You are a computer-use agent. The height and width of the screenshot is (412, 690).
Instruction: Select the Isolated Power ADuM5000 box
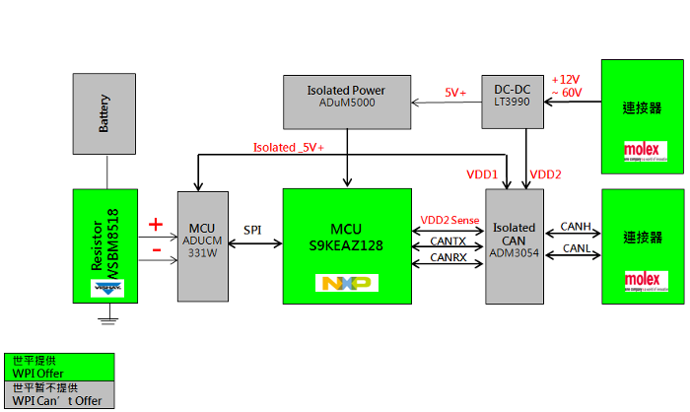(x=346, y=102)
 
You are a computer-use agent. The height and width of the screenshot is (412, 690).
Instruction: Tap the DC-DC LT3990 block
(x=512, y=102)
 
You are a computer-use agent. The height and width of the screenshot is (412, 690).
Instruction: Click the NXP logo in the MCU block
(x=345, y=283)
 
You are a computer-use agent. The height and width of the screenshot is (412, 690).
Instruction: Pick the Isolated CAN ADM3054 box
(x=514, y=245)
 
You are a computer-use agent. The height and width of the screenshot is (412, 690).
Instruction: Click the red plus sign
(x=155, y=225)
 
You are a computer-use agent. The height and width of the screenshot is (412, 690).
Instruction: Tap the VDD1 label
(x=482, y=174)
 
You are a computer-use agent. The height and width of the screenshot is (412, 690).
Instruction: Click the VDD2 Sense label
(x=449, y=221)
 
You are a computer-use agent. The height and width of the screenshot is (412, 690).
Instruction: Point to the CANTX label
(x=448, y=240)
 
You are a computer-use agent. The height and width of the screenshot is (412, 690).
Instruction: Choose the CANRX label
(x=448, y=258)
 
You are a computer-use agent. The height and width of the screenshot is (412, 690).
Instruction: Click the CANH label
(x=575, y=227)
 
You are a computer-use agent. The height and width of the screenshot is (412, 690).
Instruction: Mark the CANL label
(x=575, y=248)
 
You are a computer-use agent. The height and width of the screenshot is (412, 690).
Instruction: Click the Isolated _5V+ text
(x=290, y=148)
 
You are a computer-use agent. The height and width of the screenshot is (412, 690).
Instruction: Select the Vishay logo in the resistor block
(x=105, y=289)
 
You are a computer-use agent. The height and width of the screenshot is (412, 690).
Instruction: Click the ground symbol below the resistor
(x=105, y=317)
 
